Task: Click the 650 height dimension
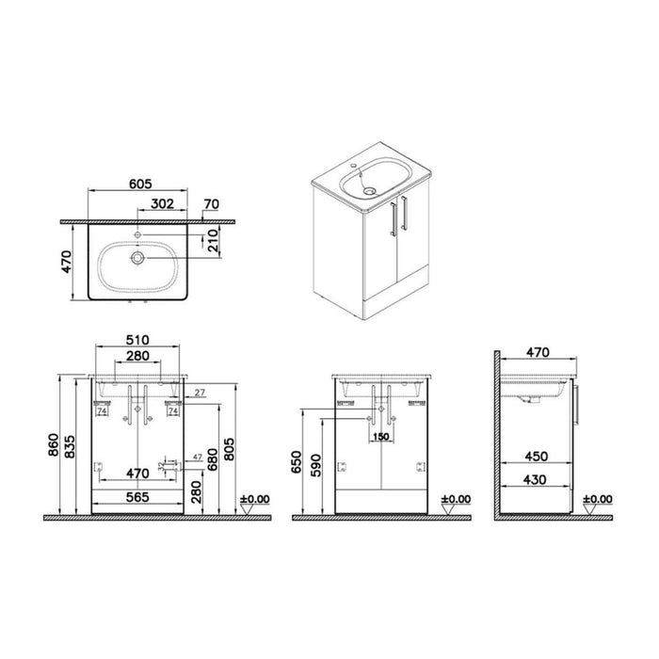click(x=297, y=461)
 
